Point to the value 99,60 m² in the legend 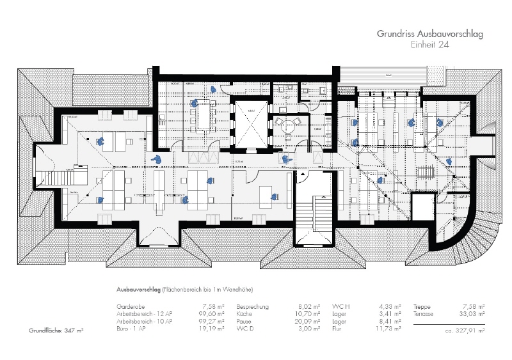(212, 314)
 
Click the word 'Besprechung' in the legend (253, 307)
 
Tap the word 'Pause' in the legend (244, 321)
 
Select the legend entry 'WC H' (339, 307)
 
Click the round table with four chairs (285, 124)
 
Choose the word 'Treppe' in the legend (422, 307)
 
